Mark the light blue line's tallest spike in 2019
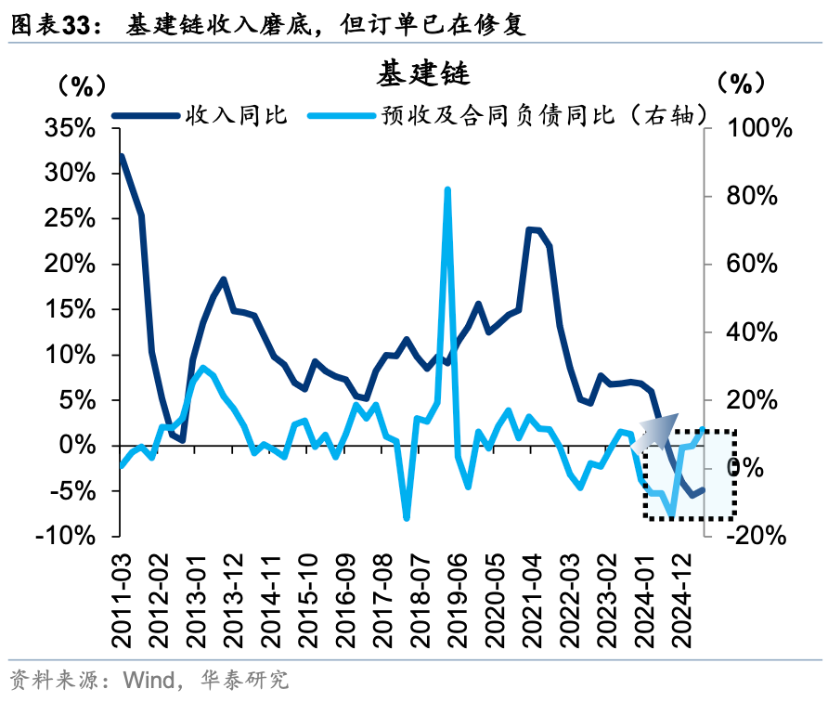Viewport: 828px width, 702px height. point(447,189)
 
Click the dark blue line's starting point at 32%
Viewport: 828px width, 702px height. point(122,156)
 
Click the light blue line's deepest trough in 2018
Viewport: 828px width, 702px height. point(407,517)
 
